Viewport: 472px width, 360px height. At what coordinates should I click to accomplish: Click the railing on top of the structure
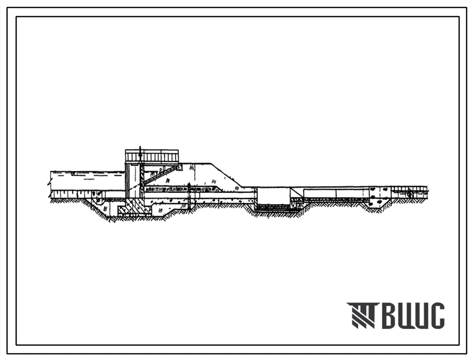pos(152,156)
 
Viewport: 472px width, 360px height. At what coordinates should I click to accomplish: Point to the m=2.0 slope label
pos(157,171)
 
